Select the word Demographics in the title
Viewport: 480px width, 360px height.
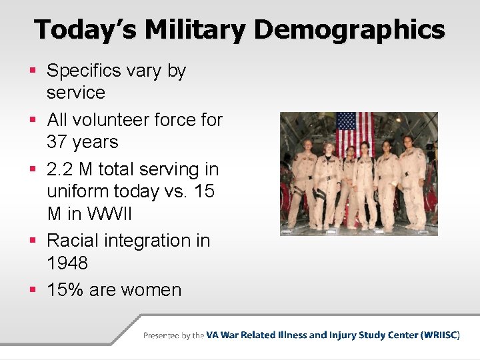tap(349, 30)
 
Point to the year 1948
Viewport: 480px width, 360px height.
tap(67, 263)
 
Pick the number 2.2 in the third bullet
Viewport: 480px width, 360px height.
tap(60, 169)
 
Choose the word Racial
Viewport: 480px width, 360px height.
tap(78, 240)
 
